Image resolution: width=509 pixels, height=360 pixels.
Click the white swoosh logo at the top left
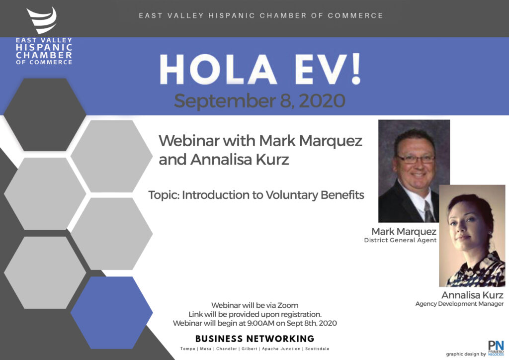[x=42, y=20]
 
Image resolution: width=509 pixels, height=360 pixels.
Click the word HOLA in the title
[x=218, y=70]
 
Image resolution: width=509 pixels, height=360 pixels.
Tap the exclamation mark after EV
[x=356, y=69]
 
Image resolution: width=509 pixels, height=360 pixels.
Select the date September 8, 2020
[x=259, y=100]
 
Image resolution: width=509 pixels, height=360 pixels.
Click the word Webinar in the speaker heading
[x=189, y=141]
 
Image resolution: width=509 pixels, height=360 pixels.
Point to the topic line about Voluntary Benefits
[x=256, y=195]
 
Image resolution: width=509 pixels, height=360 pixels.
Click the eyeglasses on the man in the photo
[x=416, y=159]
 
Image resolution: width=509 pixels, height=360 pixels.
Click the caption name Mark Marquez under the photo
[x=404, y=231]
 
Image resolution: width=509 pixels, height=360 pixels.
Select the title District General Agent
[x=400, y=240]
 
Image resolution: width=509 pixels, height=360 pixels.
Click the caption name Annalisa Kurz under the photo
[x=472, y=295]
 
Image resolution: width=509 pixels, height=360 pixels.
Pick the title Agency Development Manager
[x=459, y=304]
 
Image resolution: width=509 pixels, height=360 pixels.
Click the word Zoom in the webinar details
[x=288, y=305]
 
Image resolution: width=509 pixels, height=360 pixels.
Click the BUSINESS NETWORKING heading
[x=255, y=339]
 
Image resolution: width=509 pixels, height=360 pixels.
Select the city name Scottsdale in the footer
[x=317, y=349]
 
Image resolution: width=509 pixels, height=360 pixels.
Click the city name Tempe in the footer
[x=187, y=349]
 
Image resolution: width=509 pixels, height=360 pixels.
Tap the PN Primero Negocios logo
[x=496, y=348]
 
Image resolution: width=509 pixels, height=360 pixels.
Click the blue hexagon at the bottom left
[x=112, y=313]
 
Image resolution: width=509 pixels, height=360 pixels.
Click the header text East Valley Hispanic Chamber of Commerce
[x=260, y=15]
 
